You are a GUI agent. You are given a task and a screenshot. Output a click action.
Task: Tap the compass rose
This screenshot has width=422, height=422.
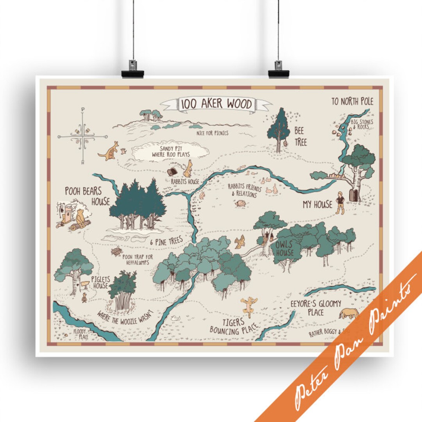point(82,136)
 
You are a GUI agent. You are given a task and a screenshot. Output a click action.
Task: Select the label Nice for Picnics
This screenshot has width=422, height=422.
point(212,133)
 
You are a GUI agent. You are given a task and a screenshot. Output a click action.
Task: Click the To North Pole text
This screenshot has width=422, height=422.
point(352,102)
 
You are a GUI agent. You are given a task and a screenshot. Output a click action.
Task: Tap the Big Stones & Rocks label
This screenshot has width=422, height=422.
point(363,124)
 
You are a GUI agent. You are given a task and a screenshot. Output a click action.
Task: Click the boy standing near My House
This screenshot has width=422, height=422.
point(340,202)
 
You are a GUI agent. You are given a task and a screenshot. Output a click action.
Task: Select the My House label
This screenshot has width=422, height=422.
point(317,204)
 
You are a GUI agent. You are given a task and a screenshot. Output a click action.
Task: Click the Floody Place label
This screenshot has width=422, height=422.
point(81,334)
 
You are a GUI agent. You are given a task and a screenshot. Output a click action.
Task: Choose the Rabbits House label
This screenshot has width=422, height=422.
point(185,182)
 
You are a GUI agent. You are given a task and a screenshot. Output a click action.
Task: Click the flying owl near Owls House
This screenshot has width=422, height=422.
point(239,242)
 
